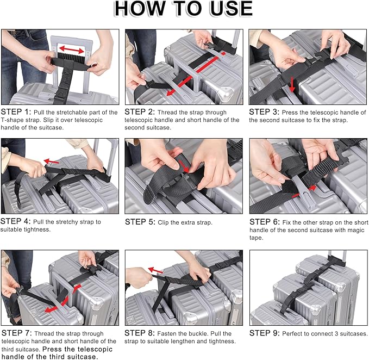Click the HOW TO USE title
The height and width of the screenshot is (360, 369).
184,9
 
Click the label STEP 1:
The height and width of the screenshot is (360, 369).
16,112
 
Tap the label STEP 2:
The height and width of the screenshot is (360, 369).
140,112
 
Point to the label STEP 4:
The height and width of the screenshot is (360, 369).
16,222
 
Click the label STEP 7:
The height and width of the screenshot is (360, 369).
16,333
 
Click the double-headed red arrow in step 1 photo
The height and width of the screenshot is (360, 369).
71,50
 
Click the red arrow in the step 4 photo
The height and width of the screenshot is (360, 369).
52,161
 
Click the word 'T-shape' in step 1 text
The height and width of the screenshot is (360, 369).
12,120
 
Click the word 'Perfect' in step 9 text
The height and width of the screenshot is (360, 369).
293,333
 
